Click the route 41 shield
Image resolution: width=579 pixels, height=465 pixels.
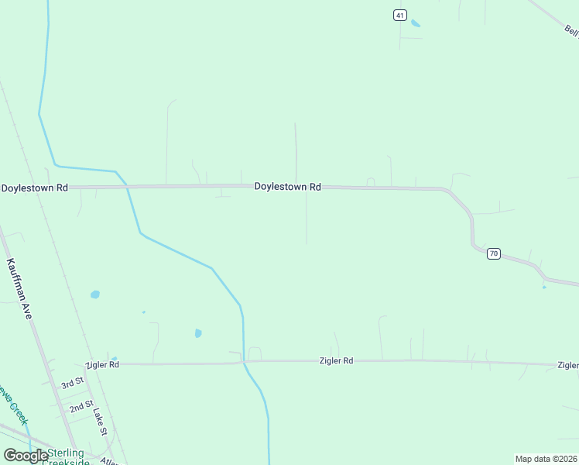coord(399,15)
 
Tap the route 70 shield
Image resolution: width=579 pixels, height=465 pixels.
coord(494,253)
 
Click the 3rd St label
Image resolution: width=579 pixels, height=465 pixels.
coord(72,384)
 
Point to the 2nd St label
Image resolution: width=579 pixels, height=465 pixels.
coord(81,405)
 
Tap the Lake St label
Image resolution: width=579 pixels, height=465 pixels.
coord(99,422)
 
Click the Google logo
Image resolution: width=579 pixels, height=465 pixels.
coord(26,456)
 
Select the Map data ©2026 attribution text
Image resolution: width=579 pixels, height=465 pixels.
coord(546,459)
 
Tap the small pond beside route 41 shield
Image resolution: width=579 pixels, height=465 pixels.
coord(416,23)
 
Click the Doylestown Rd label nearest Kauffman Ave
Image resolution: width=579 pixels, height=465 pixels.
coord(35,188)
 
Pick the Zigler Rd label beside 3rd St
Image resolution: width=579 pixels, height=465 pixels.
coord(102,364)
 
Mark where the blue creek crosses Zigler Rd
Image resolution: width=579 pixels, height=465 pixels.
coord(244,361)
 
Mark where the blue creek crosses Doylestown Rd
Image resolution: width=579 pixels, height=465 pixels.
coord(126,186)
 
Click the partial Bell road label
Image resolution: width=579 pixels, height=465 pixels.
coord(571,30)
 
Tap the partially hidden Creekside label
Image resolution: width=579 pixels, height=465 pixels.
coord(65,462)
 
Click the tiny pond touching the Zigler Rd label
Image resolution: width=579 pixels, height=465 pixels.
coord(115,360)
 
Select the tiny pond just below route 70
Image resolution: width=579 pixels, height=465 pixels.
coord(544,288)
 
